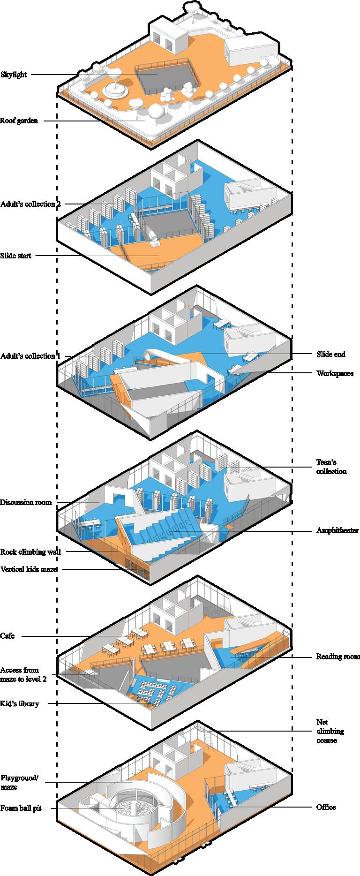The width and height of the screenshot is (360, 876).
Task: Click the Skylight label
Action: point(14,75)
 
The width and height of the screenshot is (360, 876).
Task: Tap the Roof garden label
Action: point(19,121)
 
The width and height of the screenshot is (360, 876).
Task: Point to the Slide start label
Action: point(16,256)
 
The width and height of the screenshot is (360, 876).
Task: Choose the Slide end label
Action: point(330,354)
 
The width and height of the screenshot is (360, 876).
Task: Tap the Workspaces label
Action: point(335,373)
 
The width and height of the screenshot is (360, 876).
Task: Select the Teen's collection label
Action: point(331,467)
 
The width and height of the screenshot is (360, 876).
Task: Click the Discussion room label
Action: point(26,502)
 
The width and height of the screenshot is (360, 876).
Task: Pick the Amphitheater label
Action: point(337,530)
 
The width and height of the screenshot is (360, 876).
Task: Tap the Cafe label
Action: point(7,636)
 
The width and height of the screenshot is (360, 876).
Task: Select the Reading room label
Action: point(337,657)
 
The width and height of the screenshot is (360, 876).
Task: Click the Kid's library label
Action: point(20,703)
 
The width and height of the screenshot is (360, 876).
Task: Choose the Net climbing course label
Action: point(330,731)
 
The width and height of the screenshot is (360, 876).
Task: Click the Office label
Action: point(326,807)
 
